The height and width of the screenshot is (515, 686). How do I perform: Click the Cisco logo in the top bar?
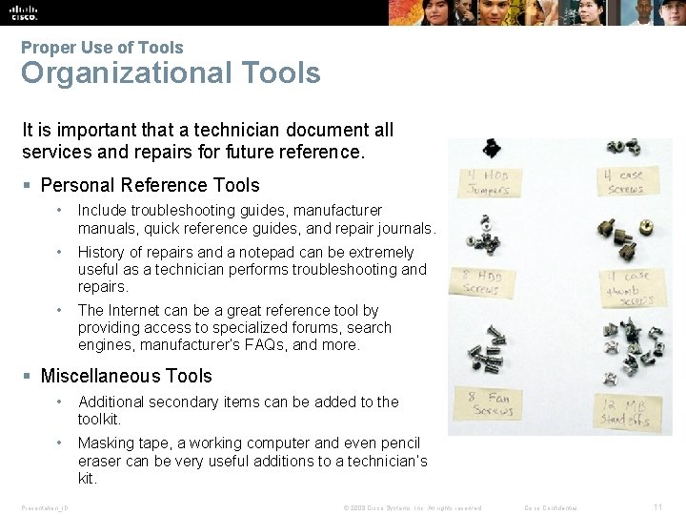pyautogui.click(x=24, y=11)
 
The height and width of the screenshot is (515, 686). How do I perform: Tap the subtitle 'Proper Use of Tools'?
pyautogui.click(x=102, y=47)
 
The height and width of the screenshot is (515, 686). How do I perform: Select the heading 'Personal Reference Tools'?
pyautogui.click(x=150, y=185)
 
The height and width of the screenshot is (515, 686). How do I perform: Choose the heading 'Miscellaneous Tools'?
pyautogui.click(x=126, y=376)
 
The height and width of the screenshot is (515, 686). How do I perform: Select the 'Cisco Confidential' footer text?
pyautogui.click(x=552, y=507)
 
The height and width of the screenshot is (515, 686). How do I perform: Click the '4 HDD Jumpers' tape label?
pyautogui.click(x=487, y=182)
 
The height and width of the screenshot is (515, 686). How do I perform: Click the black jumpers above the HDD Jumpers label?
pyautogui.click(x=492, y=148)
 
